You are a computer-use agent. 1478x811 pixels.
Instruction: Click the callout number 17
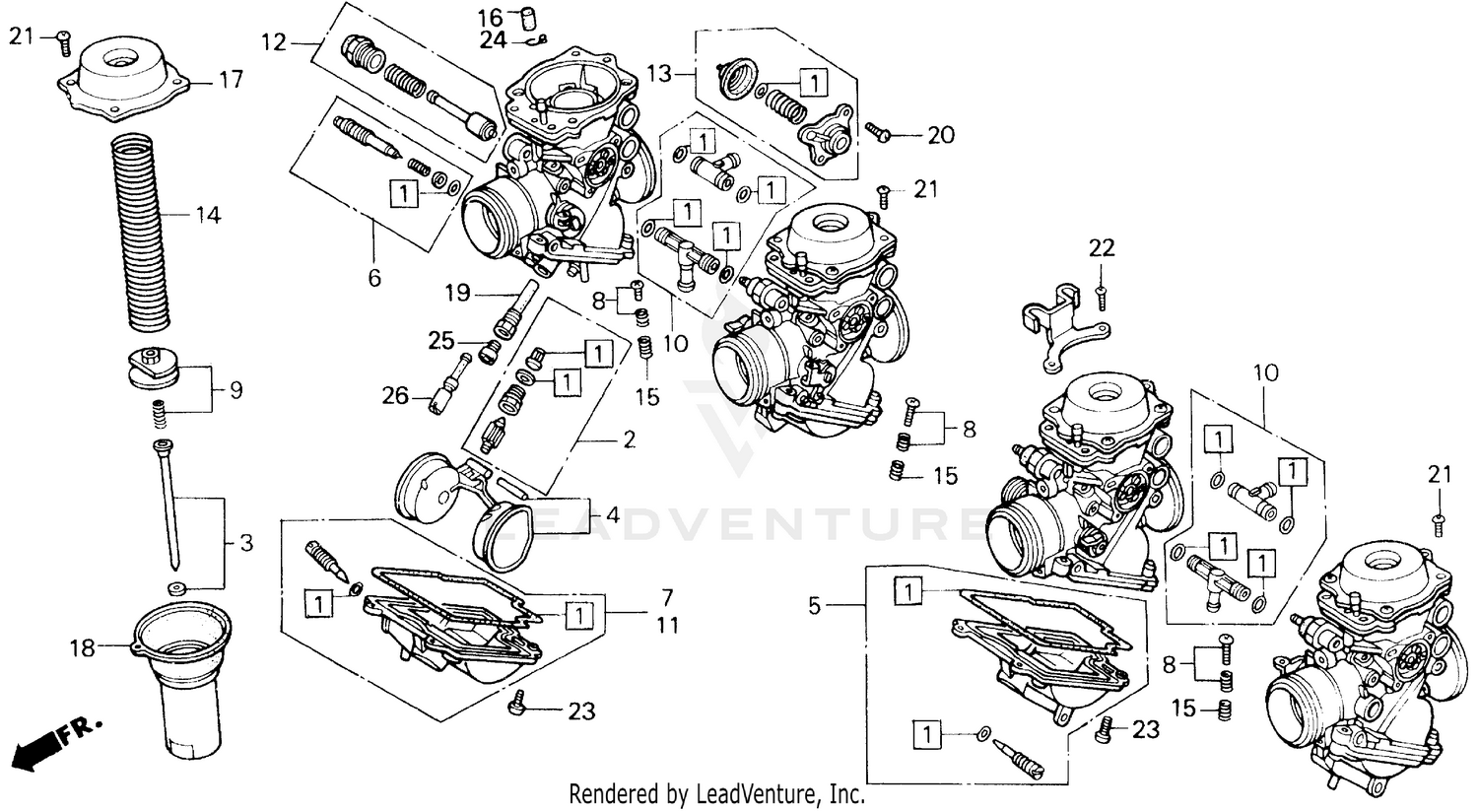tap(231, 80)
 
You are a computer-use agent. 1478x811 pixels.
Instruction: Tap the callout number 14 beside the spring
tap(207, 214)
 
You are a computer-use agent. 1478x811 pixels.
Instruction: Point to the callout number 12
tap(273, 41)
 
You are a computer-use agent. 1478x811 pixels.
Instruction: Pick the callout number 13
tap(659, 74)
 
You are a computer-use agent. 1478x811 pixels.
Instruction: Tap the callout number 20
tap(941, 135)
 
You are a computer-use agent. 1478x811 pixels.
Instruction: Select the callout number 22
tap(1101, 248)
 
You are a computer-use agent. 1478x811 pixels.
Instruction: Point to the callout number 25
tap(440, 341)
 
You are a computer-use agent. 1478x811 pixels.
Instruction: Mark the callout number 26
tap(395, 396)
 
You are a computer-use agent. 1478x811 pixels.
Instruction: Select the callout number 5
tap(814, 606)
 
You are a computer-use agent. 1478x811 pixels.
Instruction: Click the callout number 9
tap(235, 390)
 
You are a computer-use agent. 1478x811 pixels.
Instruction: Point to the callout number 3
tap(245, 542)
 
